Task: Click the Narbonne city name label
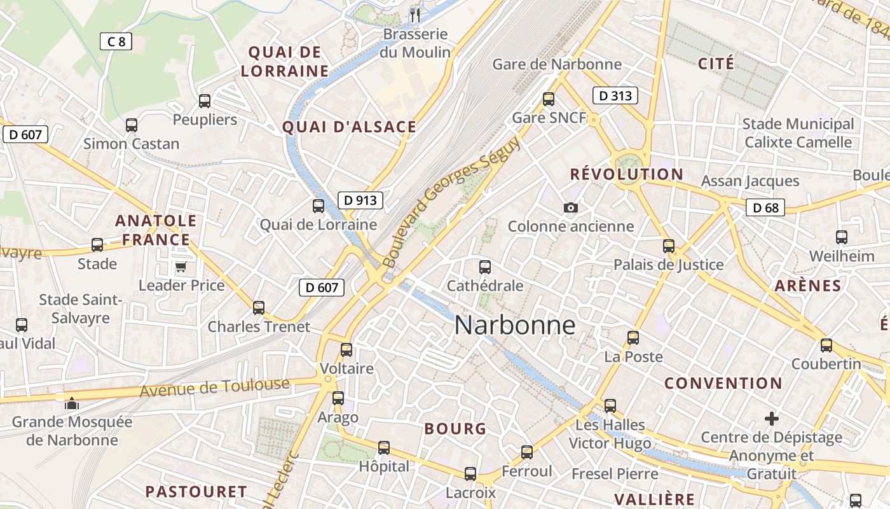(515, 325)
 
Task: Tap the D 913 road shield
(360, 200)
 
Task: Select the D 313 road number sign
(615, 96)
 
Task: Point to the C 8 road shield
(116, 42)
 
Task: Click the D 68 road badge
(765, 207)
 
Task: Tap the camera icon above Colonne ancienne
(571, 207)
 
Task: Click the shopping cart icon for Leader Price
(181, 267)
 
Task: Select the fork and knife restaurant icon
(415, 15)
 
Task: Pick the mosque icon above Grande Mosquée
(72, 403)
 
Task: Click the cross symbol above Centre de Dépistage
(772, 419)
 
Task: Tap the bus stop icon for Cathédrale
(485, 267)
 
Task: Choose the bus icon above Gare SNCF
(549, 99)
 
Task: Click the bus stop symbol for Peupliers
(205, 101)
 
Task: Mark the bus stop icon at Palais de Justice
(668, 246)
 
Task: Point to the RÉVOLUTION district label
(626, 174)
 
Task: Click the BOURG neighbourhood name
(455, 429)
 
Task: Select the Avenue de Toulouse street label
(214, 387)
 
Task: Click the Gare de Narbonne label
(557, 64)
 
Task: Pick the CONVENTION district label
(723, 383)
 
